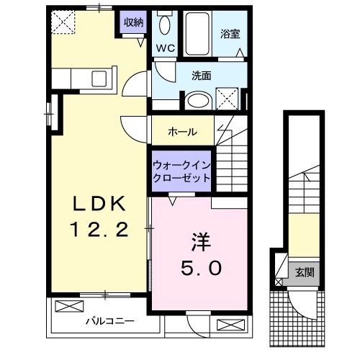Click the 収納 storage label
tap(133, 22)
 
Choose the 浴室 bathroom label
tap(231, 33)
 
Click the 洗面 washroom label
tap(201, 74)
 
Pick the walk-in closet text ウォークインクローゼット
tap(181, 171)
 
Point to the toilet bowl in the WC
tap(163, 27)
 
